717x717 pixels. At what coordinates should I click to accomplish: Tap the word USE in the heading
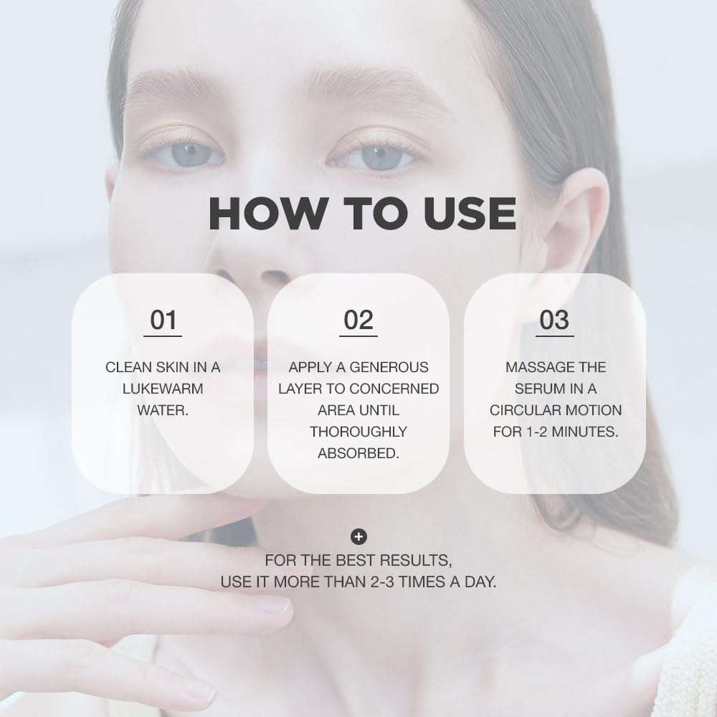point(470,213)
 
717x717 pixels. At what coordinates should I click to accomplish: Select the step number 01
point(163,320)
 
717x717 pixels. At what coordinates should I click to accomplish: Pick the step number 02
point(358,320)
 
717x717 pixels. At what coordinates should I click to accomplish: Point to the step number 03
point(554,320)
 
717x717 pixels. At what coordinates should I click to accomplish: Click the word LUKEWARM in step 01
point(163,389)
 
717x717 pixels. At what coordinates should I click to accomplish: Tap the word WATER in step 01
point(161,410)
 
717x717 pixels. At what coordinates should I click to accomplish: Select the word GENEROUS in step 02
point(389,367)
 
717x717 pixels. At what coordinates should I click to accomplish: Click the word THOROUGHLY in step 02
point(358,432)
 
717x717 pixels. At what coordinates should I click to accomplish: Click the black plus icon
point(359,537)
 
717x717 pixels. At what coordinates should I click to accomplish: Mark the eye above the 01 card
point(187,155)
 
